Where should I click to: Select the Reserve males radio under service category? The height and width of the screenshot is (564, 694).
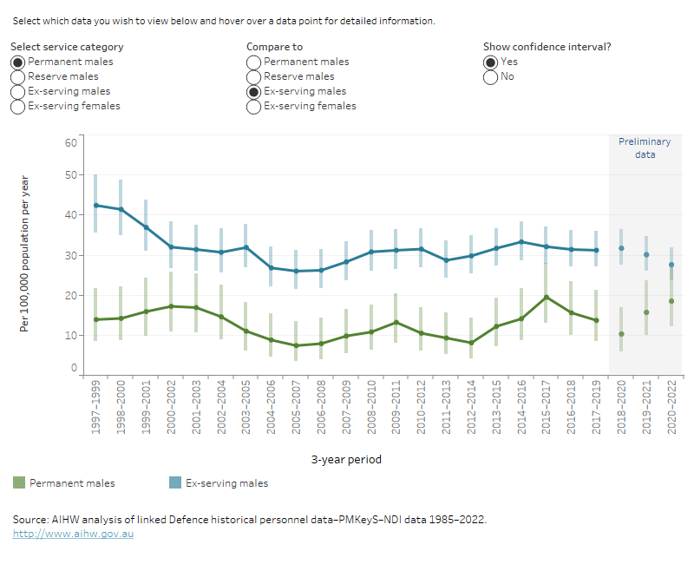(x=18, y=76)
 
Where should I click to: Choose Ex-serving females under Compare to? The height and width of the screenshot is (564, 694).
(x=254, y=106)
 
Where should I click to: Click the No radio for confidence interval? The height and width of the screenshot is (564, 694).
(x=491, y=76)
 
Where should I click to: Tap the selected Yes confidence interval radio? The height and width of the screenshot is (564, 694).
(x=491, y=62)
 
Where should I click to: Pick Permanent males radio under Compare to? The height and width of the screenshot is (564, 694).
(x=254, y=62)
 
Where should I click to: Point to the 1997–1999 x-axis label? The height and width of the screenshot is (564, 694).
(x=95, y=411)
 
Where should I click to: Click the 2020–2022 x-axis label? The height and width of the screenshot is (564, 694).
(x=671, y=411)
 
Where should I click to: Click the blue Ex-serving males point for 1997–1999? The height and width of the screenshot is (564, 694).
(x=95, y=206)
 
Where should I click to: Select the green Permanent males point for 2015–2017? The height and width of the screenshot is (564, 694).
(x=546, y=297)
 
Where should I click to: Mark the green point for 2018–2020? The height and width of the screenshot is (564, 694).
(x=621, y=334)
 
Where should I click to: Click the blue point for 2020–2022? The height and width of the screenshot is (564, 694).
(x=671, y=265)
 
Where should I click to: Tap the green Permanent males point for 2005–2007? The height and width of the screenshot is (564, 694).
(x=296, y=345)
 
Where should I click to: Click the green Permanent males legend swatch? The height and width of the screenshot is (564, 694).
(x=18, y=482)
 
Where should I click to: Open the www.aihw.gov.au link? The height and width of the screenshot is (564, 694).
(x=73, y=534)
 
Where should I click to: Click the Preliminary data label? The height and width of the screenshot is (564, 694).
(x=645, y=148)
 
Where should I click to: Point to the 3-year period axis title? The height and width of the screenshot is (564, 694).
(x=347, y=459)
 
